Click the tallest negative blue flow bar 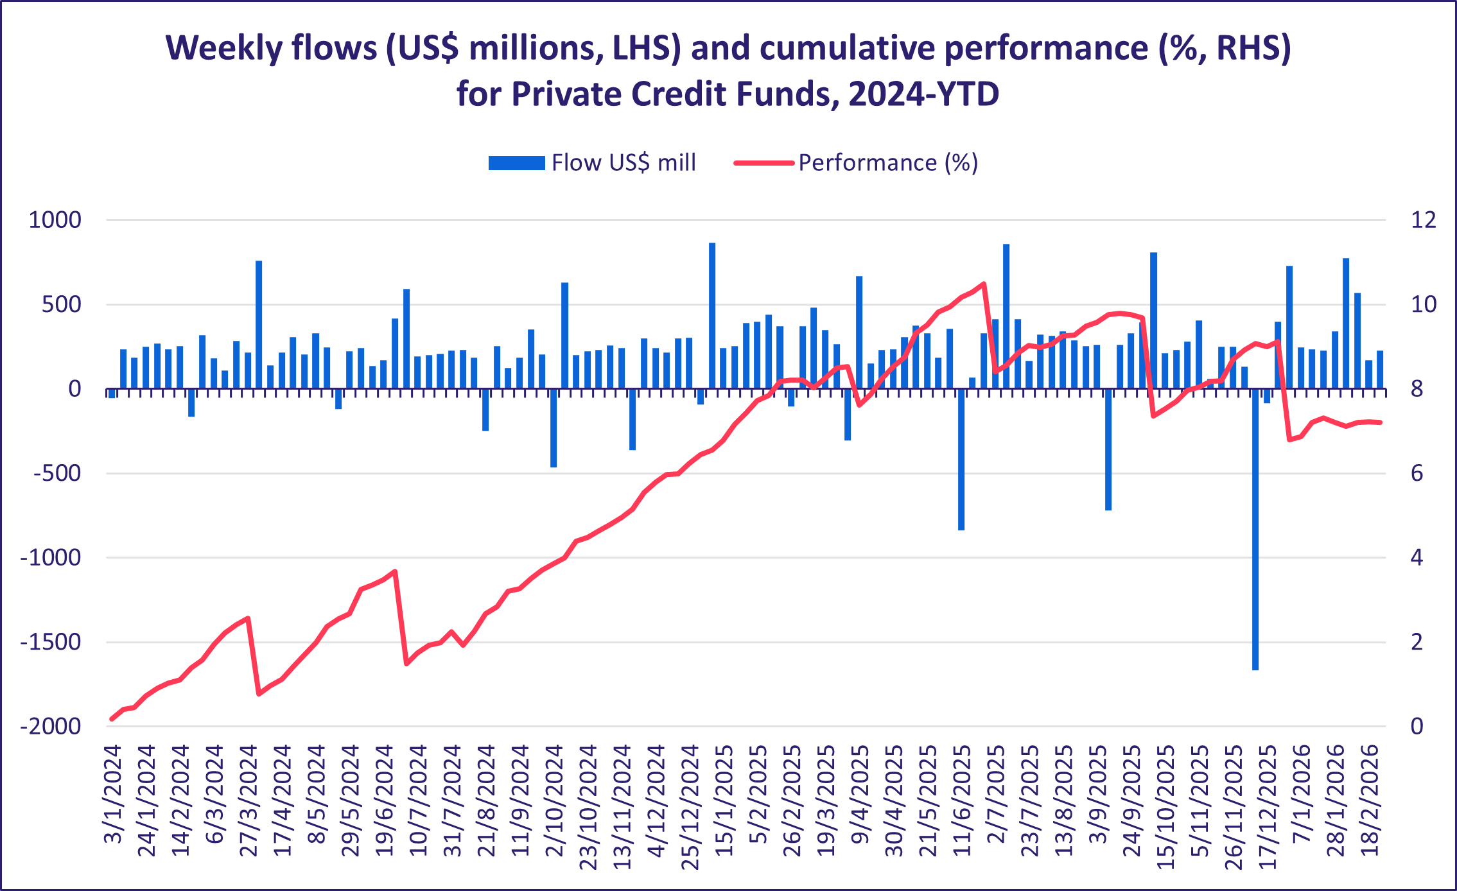[x=1255, y=529]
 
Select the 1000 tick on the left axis [x=55, y=220]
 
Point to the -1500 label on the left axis [x=51, y=642]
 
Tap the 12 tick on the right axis [x=1423, y=220]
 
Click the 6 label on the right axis [x=1417, y=474]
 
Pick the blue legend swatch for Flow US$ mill [x=516, y=163]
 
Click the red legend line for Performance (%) [x=764, y=163]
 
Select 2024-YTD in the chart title [x=923, y=94]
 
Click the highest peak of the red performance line [x=983, y=283]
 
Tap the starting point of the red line [x=112, y=719]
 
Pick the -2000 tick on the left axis [x=51, y=727]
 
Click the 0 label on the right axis [x=1417, y=727]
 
